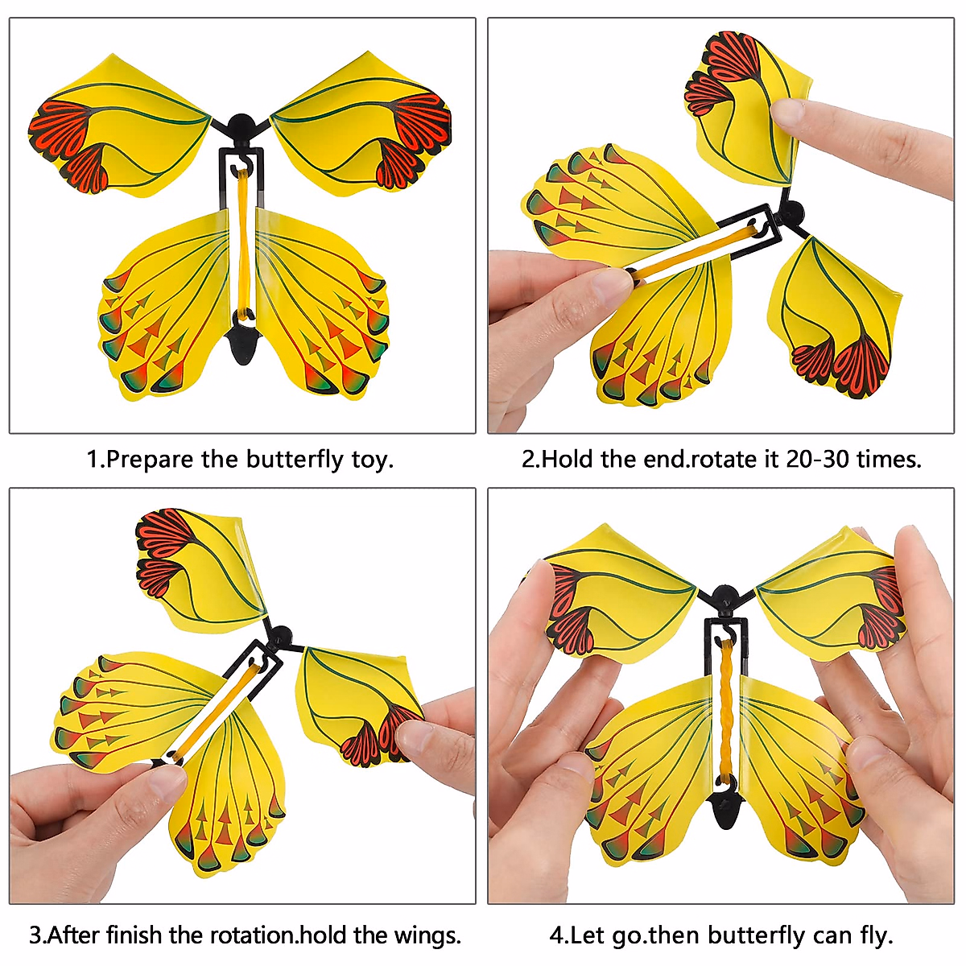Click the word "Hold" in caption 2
pyautogui.click(x=569, y=460)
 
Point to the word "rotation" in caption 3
pyautogui.click(x=253, y=935)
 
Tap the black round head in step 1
pyautogui.click(x=240, y=126)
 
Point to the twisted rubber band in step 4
pyautogui.click(x=727, y=708)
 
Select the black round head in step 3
pyautogui.click(x=281, y=635)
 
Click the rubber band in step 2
pyautogui.click(x=696, y=249)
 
